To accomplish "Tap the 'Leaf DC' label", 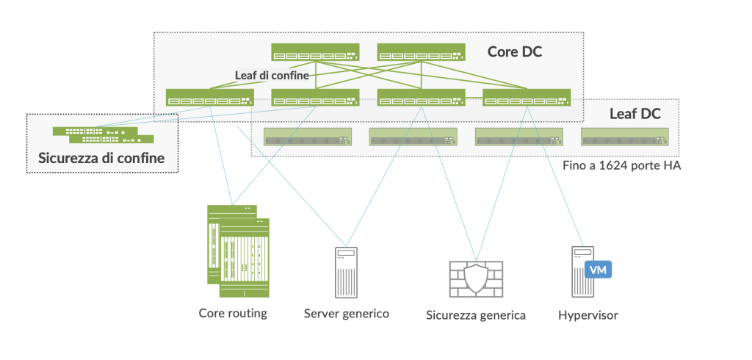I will (635, 114).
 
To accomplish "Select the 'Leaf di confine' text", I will (272, 75).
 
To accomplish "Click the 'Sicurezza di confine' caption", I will (101, 158).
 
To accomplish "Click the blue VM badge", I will (599, 270).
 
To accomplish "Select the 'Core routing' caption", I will (233, 314).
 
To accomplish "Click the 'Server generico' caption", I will (347, 314).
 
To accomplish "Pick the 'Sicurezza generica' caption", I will (476, 315).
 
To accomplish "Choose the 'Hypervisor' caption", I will (587, 315).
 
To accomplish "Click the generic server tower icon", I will (346, 272).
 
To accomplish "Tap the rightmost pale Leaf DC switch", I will (625, 137).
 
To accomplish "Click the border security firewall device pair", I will (103, 134).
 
